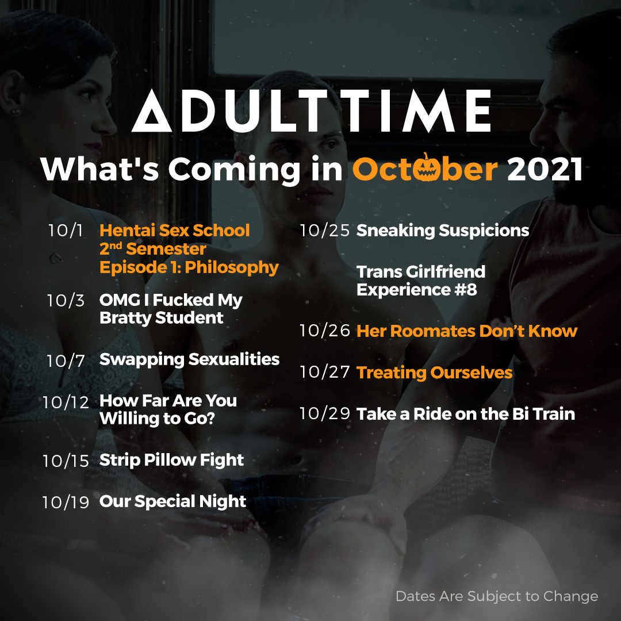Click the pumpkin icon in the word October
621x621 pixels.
pyautogui.click(x=425, y=168)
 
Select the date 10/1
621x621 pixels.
pyautogui.click(x=66, y=231)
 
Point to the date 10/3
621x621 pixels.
pyautogui.click(x=66, y=301)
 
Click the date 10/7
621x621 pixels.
pyautogui.click(x=66, y=361)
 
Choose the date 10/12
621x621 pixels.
pyautogui.click(x=66, y=402)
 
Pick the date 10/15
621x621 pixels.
pyautogui.click(x=66, y=461)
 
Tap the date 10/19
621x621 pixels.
pyautogui.click(x=66, y=503)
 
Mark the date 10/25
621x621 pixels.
pyautogui.click(x=325, y=231)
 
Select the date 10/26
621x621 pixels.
pyautogui.click(x=325, y=331)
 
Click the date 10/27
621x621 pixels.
pyautogui.click(x=325, y=372)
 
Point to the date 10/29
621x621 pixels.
pyautogui.click(x=325, y=414)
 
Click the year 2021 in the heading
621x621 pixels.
pyautogui.click(x=545, y=169)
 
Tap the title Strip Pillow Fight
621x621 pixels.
pyautogui.click(x=171, y=461)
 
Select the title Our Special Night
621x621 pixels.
pyautogui.click(x=172, y=502)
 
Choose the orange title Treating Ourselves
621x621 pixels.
pyautogui.click(x=435, y=373)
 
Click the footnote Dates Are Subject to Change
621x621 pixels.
pyautogui.click(x=497, y=596)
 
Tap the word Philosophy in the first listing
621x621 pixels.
pyautogui.click(x=232, y=268)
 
